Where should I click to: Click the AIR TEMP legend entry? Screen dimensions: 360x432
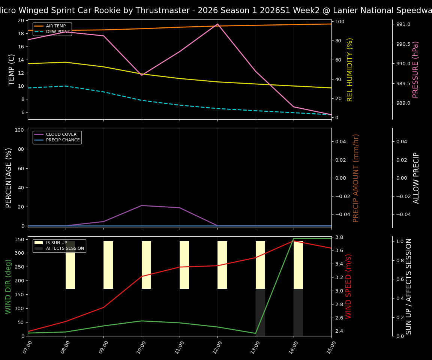[x=55, y=26]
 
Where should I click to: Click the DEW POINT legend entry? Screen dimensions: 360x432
[x=58, y=32]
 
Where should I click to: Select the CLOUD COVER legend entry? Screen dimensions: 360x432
[x=61, y=135]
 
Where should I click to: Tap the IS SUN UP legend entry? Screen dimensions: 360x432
[x=56, y=243]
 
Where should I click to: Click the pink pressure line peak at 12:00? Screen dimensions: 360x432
[x=217, y=24]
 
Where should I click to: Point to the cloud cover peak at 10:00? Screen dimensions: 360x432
[x=142, y=205]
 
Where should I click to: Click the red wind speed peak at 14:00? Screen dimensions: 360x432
[x=294, y=241]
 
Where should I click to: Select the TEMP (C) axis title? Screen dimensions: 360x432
[x=12, y=69]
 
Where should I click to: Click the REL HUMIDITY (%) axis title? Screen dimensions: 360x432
[x=350, y=69]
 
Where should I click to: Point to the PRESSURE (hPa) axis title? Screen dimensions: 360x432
[x=415, y=69]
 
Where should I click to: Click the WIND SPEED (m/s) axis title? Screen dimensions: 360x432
[x=348, y=286]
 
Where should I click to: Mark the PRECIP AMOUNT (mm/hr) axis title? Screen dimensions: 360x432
[x=356, y=178]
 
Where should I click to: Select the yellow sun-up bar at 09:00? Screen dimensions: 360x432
[x=108, y=265]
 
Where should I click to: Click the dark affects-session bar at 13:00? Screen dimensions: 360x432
[x=260, y=312]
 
